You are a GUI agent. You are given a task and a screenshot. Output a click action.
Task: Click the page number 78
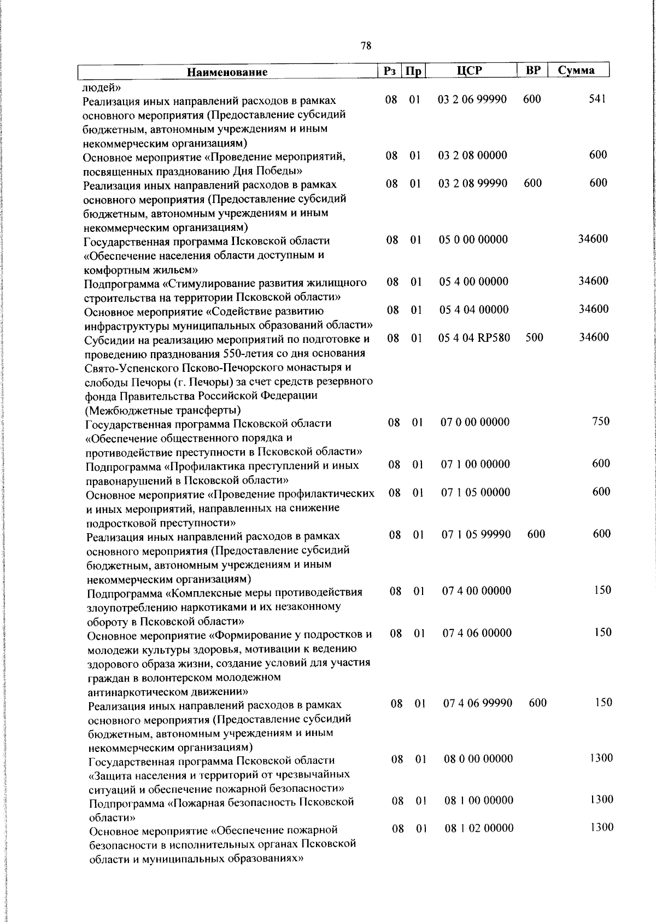(366, 46)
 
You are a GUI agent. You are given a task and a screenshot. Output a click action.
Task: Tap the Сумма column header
(577, 71)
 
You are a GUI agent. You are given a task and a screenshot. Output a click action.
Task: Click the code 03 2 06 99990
(473, 100)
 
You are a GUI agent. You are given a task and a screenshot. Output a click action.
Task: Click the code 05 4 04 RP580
(475, 337)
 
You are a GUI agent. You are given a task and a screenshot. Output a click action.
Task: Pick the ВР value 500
(534, 337)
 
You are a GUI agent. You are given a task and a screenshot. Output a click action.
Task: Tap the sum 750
(601, 421)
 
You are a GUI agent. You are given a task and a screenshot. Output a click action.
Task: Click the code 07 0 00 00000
(475, 422)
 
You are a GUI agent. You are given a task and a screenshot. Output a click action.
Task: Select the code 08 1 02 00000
(479, 828)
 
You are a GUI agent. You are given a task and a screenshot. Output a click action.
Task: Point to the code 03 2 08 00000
(473, 155)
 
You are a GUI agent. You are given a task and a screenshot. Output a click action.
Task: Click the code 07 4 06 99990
(478, 702)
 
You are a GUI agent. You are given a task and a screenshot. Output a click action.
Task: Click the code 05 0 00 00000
(473, 240)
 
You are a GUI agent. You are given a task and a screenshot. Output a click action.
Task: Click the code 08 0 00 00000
(478, 758)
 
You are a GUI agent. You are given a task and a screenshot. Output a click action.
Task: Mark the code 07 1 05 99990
(476, 534)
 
